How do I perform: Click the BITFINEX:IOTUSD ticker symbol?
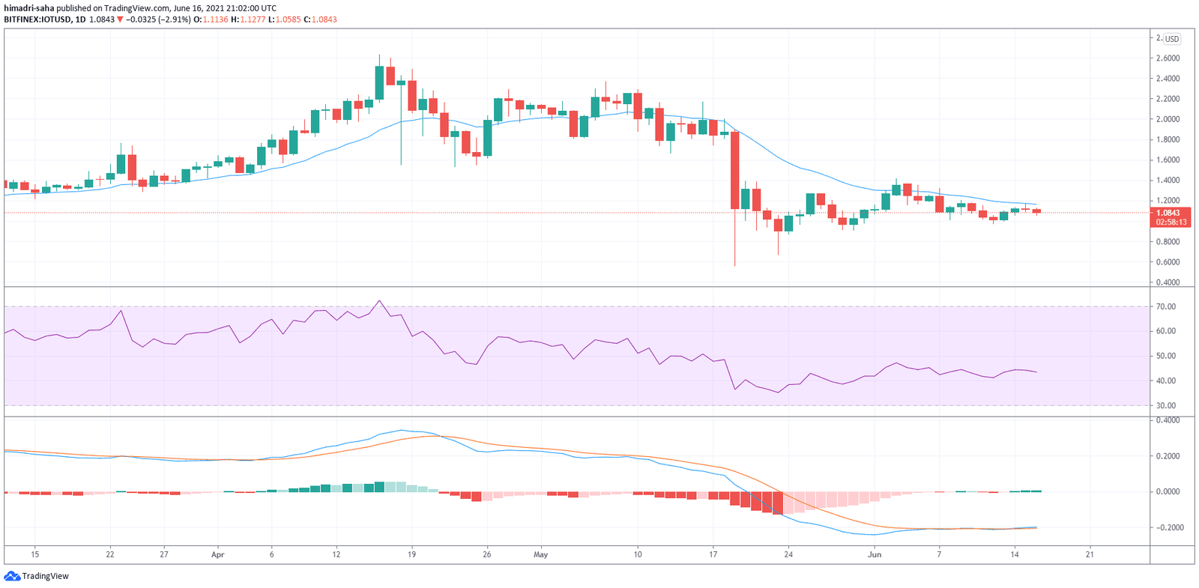37,19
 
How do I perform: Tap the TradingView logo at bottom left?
37,576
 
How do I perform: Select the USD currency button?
1171,39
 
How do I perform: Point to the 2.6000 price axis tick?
1168,58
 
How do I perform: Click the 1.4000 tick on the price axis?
1168,181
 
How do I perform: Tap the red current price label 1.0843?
1168,213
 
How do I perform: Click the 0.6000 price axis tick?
1168,262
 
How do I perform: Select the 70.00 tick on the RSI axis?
1165,306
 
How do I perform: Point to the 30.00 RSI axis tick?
1165,406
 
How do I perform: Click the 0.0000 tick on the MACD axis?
1168,492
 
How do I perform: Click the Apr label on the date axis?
218,555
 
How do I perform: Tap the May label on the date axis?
541,555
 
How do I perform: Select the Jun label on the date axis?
875,555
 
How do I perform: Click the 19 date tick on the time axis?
411,555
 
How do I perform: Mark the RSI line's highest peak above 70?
380,301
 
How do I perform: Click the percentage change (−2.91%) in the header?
175,19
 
